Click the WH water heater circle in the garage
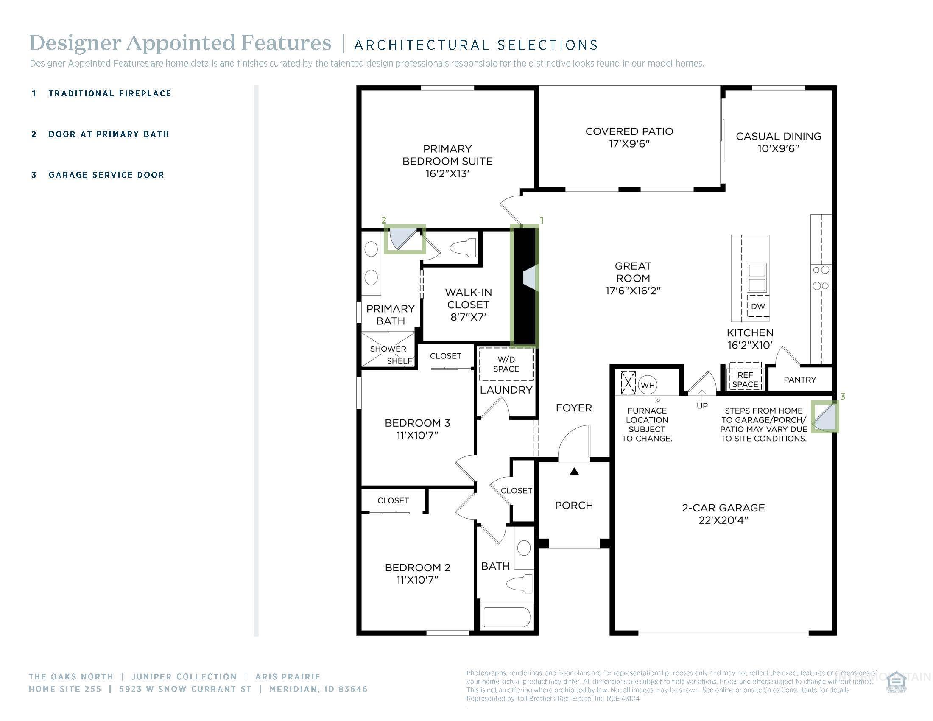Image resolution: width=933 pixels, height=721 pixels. coord(648,385)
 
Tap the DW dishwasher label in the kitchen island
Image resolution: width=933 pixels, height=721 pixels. coord(758,306)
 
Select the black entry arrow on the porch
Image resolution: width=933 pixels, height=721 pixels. coord(574,472)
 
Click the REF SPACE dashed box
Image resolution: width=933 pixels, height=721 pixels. coord(745,379)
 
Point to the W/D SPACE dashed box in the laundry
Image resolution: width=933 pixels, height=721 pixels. coord(506,364)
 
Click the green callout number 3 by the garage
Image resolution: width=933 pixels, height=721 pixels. coord(842,397)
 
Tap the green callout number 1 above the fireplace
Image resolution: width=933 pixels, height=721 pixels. coord(542,220)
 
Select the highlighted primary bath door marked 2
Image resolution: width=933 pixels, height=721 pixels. coord(404,240)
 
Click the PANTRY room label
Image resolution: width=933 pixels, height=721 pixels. coord(800,380)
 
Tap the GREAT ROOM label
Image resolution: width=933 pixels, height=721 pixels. coord(633,272)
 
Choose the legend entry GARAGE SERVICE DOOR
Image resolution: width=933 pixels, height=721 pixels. coord(106,175)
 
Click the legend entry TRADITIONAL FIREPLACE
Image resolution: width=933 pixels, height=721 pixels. coord(110,94)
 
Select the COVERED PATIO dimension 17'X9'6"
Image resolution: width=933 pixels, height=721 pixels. coord(629,144)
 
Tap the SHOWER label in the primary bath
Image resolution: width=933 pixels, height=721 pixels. coord(388,349)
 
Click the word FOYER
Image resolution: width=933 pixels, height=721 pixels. coord(574,408)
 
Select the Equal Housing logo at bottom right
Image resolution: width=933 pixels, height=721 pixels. coord(896,682)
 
